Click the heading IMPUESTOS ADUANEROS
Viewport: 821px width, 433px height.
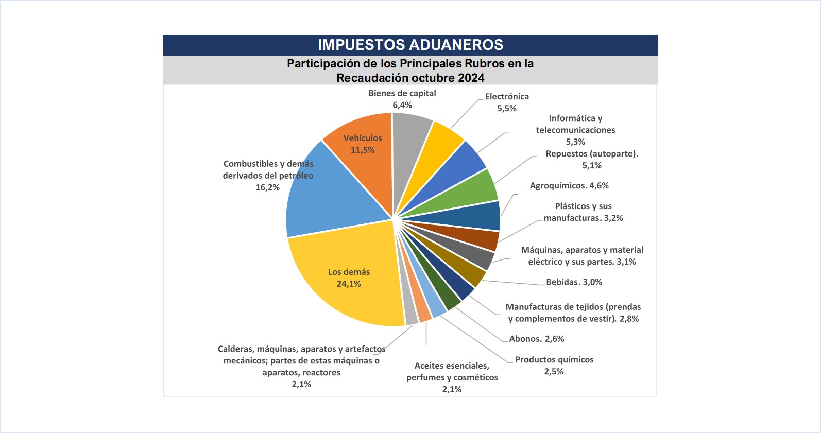(x=410, y=45)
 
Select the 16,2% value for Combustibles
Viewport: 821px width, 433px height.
(x=267, y=187)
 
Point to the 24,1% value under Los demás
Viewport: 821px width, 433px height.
(x=349, y=284)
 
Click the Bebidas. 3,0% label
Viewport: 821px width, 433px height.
(x=574, y=282)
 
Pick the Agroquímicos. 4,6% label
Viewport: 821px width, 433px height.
(x=569, y=185)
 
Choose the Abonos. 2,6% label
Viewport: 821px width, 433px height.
(x=536, y=339)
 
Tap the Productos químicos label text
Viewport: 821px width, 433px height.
(x=554, y=359)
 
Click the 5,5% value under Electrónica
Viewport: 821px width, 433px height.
(x=506, y=108)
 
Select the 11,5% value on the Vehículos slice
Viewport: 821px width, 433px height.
(x=363, y=150)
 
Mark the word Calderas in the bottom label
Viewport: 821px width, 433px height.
(x=235, y=349)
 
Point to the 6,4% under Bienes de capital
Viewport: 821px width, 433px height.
(x=402, y=105)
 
